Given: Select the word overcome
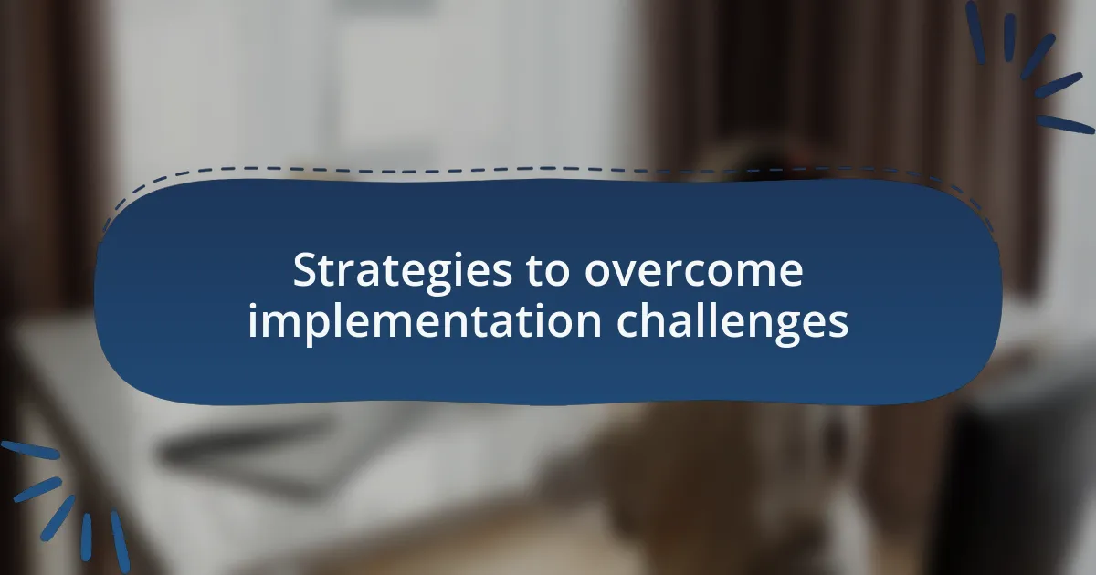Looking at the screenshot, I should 694,272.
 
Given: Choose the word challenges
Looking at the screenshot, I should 732,322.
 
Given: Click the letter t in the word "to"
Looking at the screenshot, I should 541,273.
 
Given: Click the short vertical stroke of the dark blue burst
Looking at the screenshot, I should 1009,37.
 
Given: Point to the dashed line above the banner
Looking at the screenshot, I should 548,170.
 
